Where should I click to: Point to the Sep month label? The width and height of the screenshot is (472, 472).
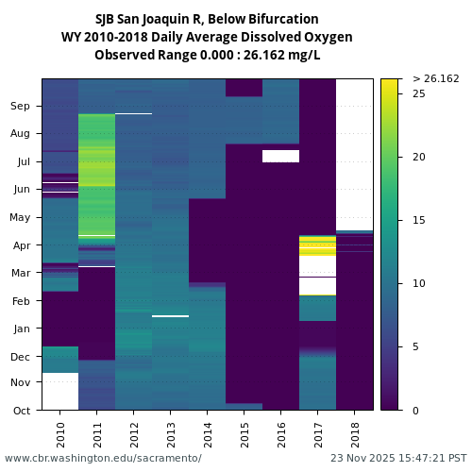[21, 106]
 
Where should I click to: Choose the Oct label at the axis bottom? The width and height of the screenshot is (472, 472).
[22, 410]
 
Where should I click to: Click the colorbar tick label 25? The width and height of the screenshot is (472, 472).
[418, 93]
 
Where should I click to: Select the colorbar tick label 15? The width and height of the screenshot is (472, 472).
[418, 220]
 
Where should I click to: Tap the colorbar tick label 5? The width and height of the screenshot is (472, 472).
[415, 346]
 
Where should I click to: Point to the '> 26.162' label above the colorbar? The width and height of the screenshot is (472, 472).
[436, 78]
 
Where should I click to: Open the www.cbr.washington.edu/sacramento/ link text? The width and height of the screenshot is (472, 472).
[103, 458]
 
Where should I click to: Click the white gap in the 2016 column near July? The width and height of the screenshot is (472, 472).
[280, 156]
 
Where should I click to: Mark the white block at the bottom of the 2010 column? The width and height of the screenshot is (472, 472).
[60, 391]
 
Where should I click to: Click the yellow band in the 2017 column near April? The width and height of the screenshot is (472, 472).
[318, 247]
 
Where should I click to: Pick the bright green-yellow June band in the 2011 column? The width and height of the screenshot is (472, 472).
[97, 170]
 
